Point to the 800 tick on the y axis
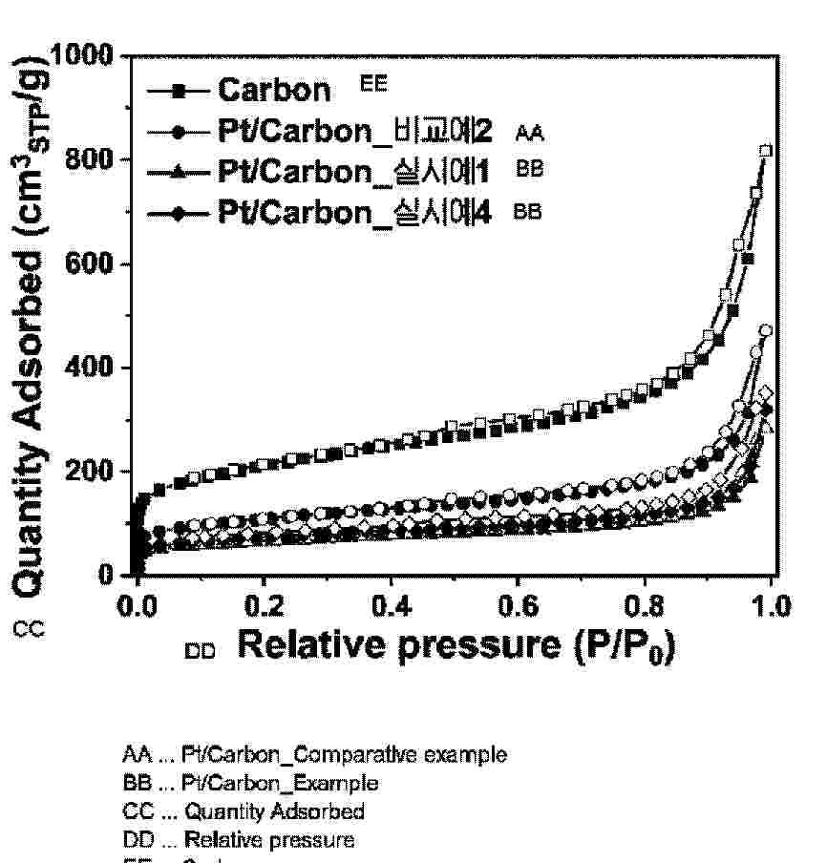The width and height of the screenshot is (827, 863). pyautogui.click(x=95, y=159)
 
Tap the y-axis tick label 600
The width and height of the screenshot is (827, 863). pyautogui.click(x=95, y=263)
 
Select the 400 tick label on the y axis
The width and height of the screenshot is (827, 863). pyautogui.click(x=95, y=368)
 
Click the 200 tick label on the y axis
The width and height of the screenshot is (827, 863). pyautogui.click(x=95, y=472)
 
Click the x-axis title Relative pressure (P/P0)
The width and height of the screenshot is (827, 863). pyautogui.click(x=456, y=646)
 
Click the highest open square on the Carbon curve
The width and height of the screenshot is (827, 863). pyautogui.click(x=765, y=151)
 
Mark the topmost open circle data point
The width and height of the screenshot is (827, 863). pyautogui.click(x=765, y=330)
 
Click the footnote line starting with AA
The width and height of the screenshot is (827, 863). pyautogui.click(x=315, y=755)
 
